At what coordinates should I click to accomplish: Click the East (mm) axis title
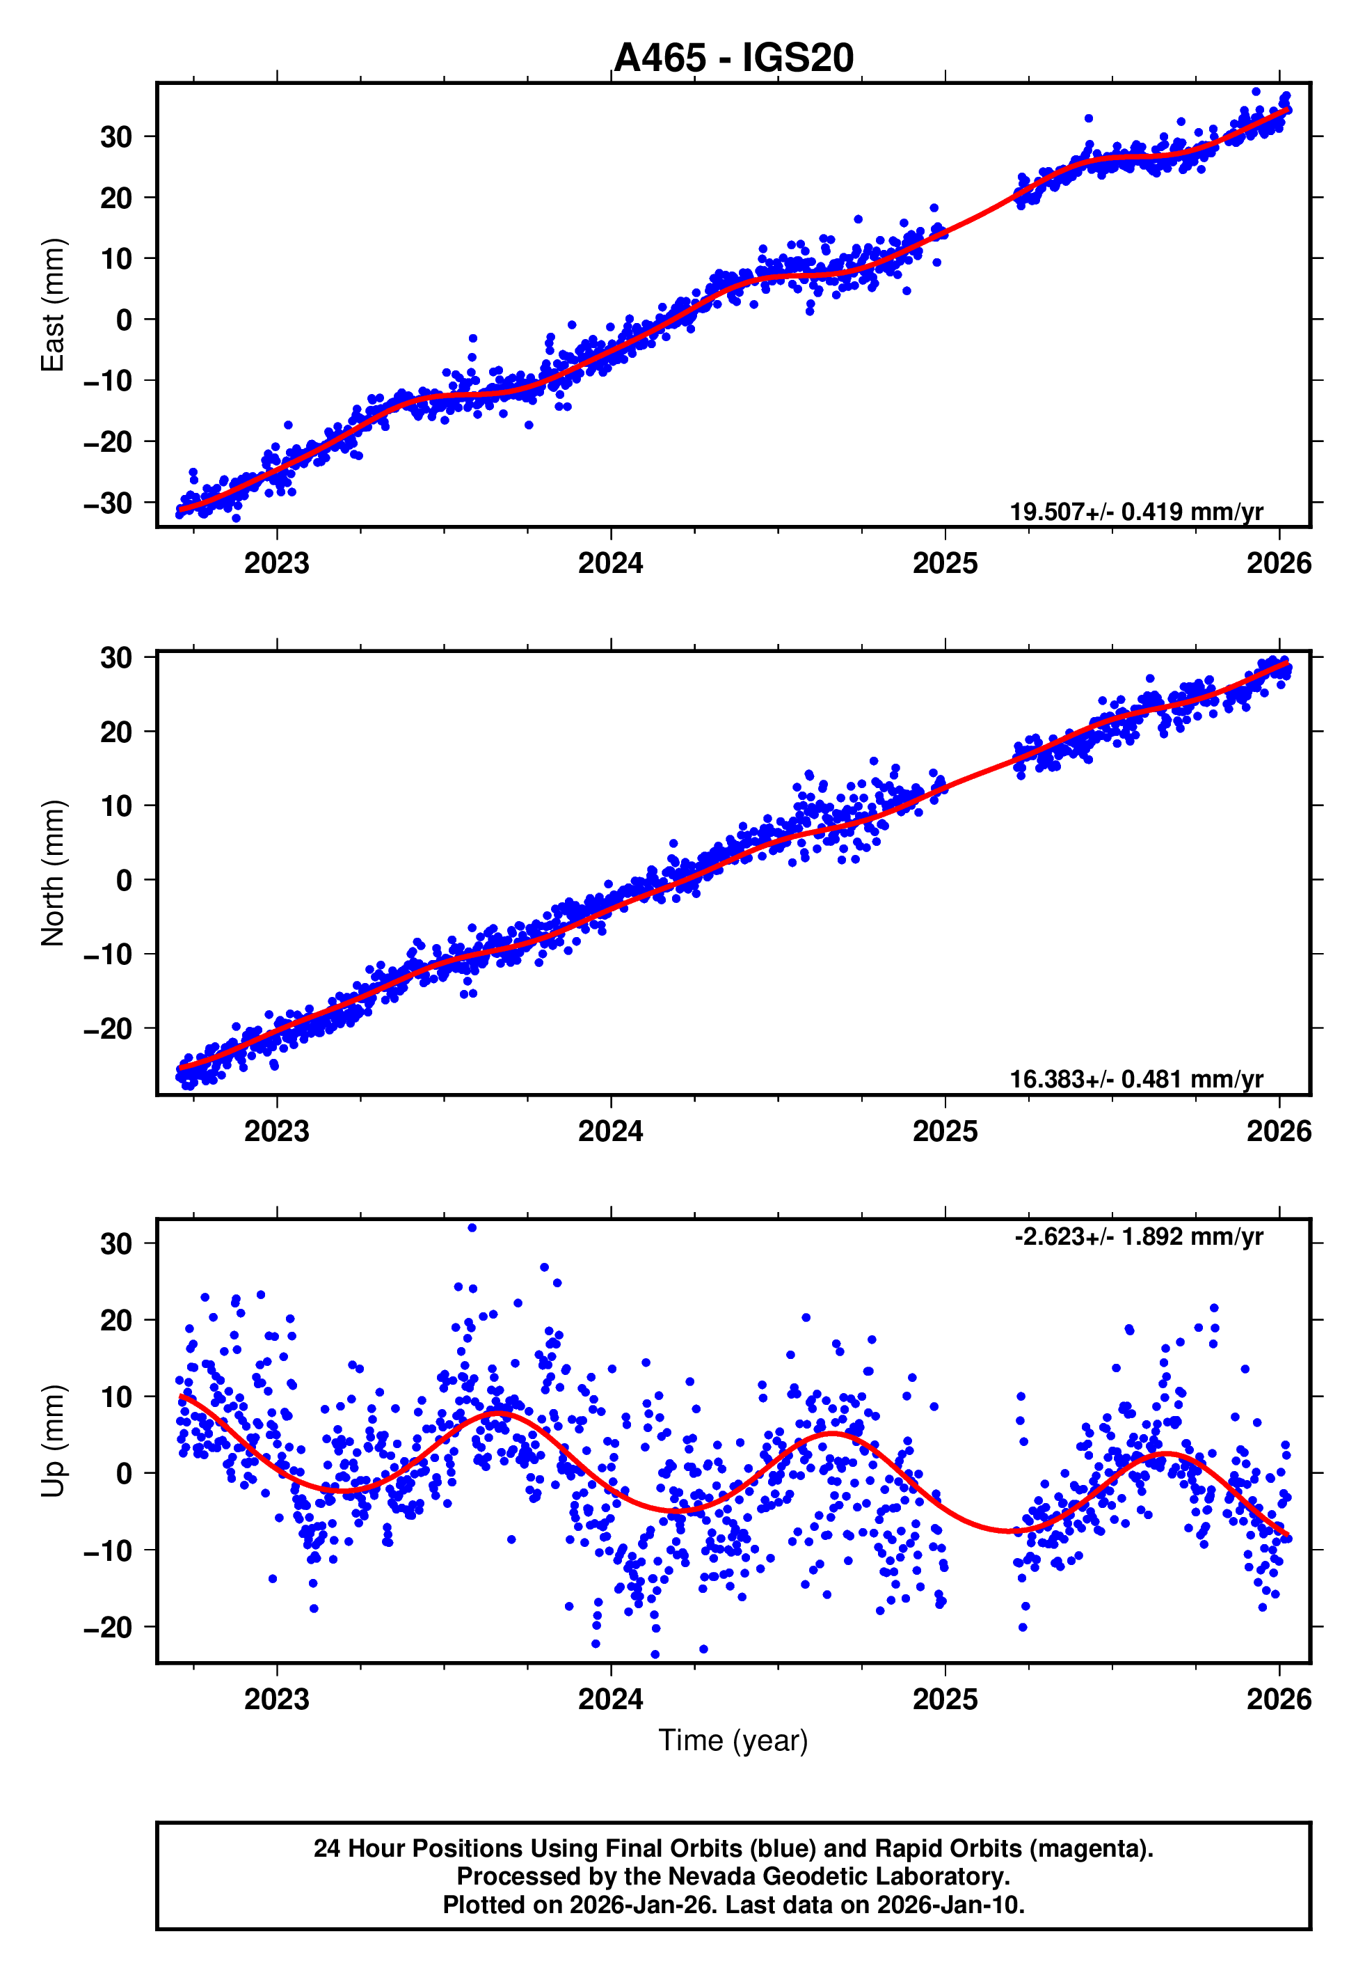tap(53, 305)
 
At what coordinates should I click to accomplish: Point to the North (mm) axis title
tap(53, 873)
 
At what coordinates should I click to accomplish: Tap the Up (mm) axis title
tap(53, 1441)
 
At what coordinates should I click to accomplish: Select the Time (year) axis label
tap(733, 1740)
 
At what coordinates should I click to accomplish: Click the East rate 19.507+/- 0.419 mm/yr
tap(1136, 512)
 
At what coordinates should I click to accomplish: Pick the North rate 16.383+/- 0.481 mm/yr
tap(1136, 1080)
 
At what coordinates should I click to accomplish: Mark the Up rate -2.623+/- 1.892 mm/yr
tap(1138, 1237)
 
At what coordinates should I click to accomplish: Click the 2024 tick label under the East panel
tap(611, 563)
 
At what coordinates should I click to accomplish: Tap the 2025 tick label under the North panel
tap(945, 1131)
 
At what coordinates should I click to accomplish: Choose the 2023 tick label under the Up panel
tap(276, 1699)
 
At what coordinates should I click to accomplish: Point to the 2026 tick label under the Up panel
tap(1279, 1699)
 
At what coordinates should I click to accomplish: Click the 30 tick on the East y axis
tap(116, 137)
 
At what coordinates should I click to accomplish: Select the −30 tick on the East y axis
tap(108, 503)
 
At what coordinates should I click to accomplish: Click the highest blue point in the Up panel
tap(472, 1228)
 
